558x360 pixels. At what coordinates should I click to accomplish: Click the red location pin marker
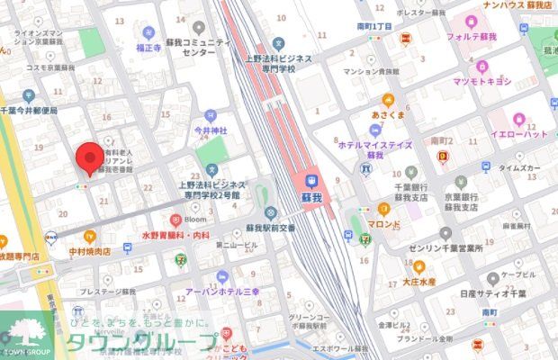(x=88, y=157)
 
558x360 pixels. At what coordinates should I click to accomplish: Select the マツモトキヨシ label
(x=481, y=81)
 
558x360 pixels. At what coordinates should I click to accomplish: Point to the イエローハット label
(x=518, y=133)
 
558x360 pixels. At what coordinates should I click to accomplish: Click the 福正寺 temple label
(x=148, y=47)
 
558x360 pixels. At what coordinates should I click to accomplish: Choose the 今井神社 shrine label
(x=211, y=130)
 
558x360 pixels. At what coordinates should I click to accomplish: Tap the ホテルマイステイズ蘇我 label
(x=375, y=148)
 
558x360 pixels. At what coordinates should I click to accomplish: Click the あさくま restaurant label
(x=388, y=115)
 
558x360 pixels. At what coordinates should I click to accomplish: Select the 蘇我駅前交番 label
(x=270, y=228)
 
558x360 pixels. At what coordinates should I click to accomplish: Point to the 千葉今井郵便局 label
(x=30, y=110)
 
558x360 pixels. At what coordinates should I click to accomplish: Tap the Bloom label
(x=196, y=218)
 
